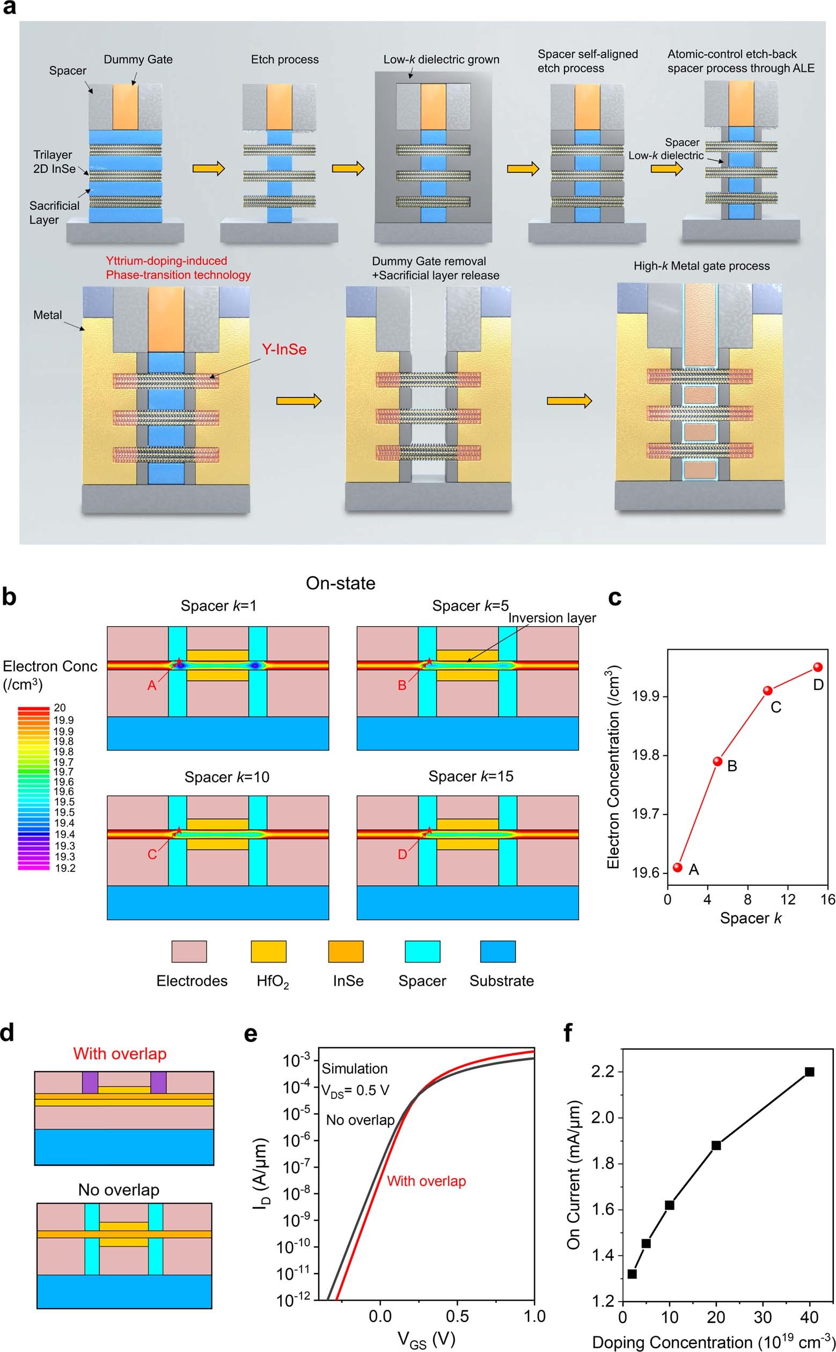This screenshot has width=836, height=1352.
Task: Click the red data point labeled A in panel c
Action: tap(678, 867)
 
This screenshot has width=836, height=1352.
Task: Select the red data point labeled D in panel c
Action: tap(818, 667)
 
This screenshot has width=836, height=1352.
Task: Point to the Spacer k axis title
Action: tap(750, 918)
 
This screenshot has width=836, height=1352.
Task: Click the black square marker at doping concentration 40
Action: tap(810, 1072)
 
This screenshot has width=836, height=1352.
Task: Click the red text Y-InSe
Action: tap(284, 349)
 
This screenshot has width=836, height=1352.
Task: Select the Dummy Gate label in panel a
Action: tap(138, 59)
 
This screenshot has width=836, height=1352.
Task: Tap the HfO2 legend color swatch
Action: tap(269, 951)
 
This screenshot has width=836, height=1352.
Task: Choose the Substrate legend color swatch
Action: tap(498, 951)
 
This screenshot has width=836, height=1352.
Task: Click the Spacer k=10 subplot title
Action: tap(226, 777)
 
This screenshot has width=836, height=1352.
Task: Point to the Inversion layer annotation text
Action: tap(552, 618)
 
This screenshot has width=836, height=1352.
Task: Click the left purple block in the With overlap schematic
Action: tap(90, 1082)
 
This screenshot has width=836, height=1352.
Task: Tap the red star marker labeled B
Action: tap(429, 661)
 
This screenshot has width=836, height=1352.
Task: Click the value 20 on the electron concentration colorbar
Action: tap(60, 708)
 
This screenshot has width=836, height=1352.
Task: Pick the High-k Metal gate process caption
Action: tap(701, 266)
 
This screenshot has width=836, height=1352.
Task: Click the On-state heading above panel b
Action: tap(341, 583)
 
